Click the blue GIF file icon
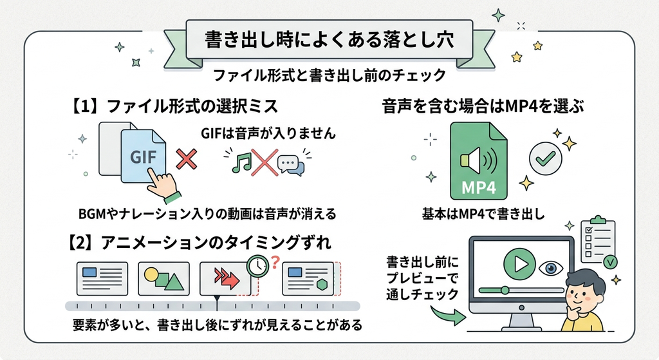[x=143, y=156]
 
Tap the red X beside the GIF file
[x=186, y=159]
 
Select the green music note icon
[x=242, y=162]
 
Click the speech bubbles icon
[x=291, y=165]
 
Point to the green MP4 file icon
[x=479, y=161]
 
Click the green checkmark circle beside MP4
[x=546, y=158]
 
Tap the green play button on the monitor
[x=519, y=264]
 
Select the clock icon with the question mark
[x=257, y=266]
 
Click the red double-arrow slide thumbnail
[x=225, y=278]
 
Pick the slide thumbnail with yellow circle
[x=164, y=278]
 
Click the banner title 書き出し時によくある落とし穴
[x=329, y=41]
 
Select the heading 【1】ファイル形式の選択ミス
[x=172, y=106]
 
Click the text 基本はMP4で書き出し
[x=483, y=214]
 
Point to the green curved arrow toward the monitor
[x=449, y=315]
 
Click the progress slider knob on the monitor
[x=505, y=290]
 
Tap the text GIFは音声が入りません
[x=268, y=133]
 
